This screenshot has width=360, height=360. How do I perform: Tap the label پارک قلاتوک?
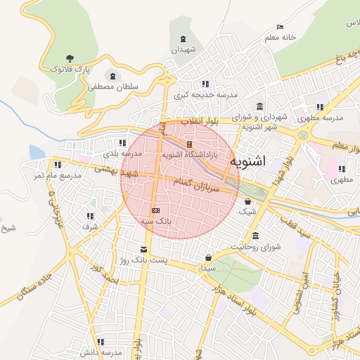pos(70,70)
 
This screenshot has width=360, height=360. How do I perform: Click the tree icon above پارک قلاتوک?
pos(69,58)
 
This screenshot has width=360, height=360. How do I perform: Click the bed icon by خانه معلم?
pos(281,27)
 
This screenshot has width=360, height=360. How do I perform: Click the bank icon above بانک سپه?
pos(155,210)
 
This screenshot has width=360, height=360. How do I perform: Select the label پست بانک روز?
pos(144,261)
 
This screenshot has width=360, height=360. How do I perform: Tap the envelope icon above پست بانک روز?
pos(144,250)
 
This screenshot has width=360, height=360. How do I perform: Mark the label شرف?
pos(90,226)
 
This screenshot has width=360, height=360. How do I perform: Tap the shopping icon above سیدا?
pos(208,257)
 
